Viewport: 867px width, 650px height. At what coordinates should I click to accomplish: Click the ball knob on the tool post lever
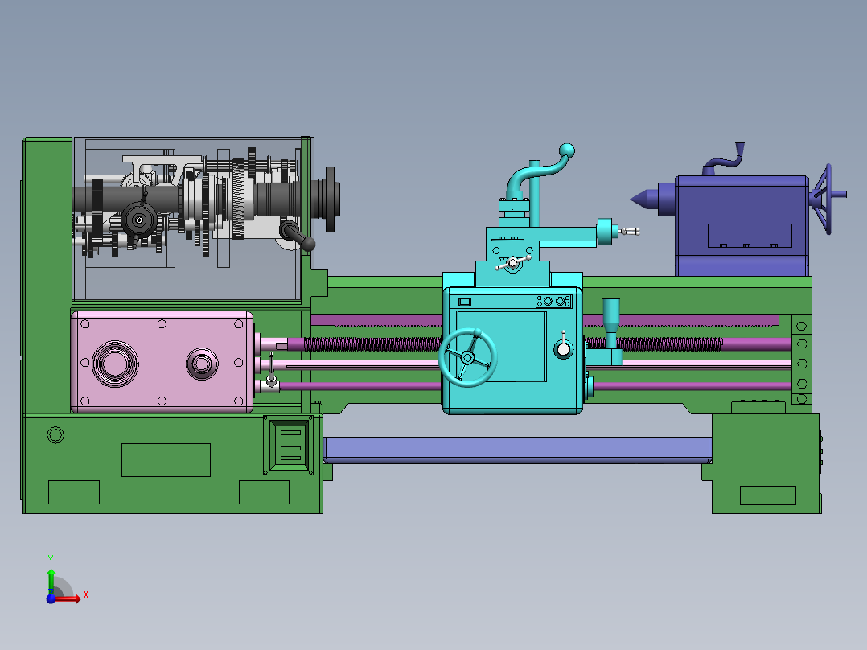(567, 150)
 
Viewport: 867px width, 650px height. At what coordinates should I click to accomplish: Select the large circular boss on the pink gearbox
(115, 364)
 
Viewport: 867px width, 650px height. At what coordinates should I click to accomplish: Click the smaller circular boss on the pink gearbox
(202, 364)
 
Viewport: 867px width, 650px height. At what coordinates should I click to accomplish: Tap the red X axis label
(86, 595)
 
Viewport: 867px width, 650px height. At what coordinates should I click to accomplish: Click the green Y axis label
(51, 559)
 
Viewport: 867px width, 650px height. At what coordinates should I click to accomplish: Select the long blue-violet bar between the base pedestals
(518, 450)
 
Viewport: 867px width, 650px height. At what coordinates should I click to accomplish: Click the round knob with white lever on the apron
(563, 349)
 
